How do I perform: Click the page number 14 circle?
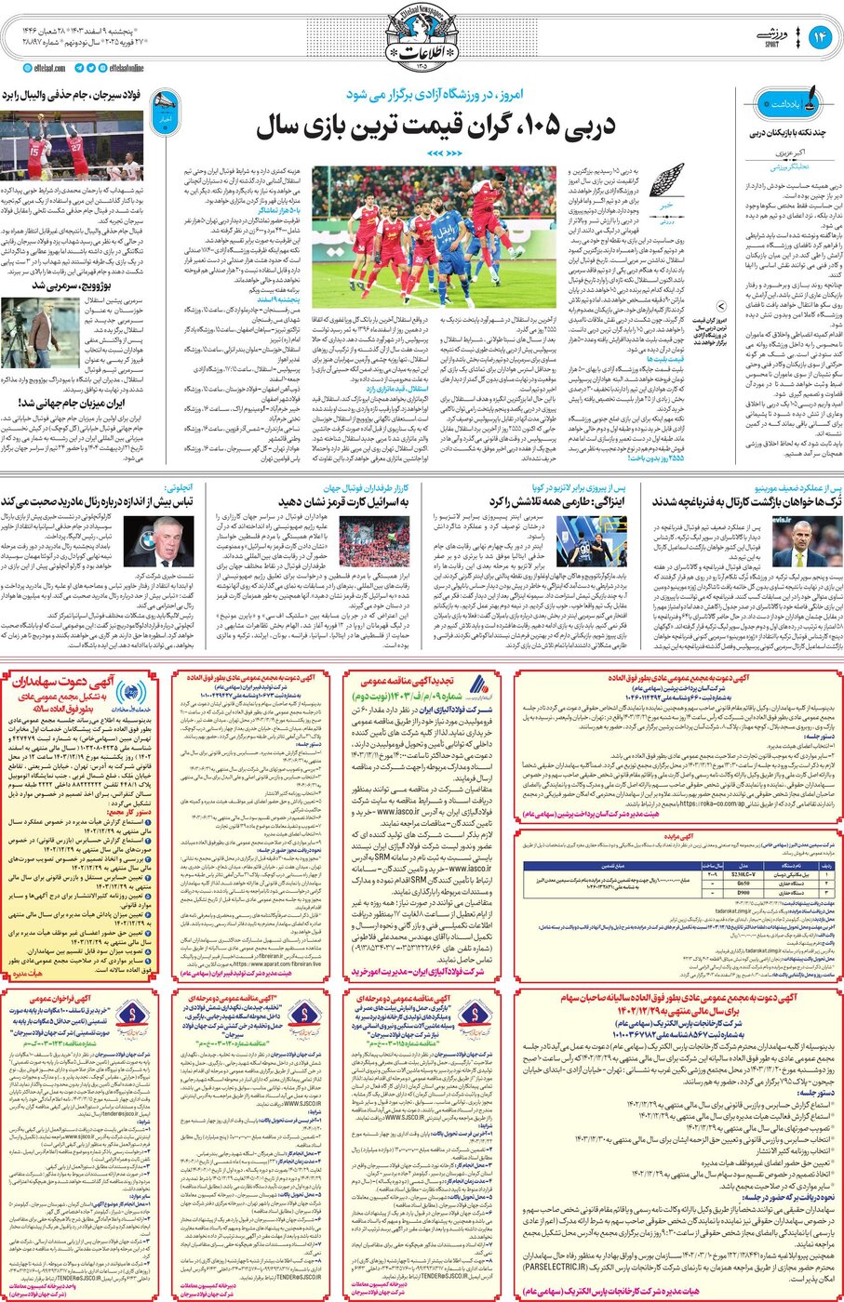819,36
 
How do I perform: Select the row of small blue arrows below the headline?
443,153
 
